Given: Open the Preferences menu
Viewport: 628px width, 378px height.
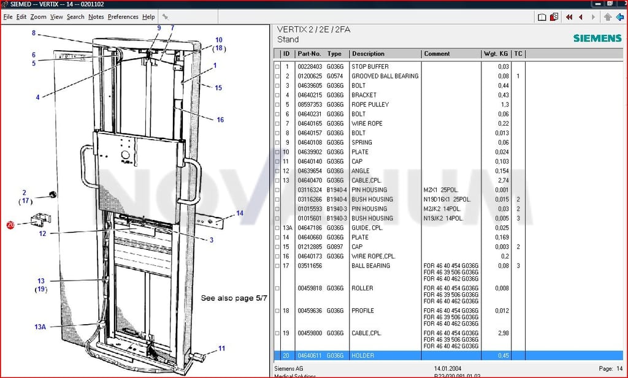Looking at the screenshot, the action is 123,17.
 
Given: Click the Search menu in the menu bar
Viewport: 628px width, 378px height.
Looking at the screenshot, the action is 75,17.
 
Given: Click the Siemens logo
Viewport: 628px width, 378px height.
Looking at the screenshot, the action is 597,38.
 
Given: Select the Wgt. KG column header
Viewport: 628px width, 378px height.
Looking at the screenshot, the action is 496,53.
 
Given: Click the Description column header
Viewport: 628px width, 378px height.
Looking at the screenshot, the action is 368,53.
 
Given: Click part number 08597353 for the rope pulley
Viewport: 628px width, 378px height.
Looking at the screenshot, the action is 310,104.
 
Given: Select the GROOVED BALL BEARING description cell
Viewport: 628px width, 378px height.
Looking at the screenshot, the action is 385,76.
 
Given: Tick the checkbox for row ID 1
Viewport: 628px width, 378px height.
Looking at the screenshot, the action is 277,66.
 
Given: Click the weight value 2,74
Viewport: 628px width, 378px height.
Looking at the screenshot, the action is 504,180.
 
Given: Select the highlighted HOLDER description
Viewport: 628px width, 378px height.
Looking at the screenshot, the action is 363,355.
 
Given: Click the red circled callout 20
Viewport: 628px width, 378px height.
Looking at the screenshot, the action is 10,225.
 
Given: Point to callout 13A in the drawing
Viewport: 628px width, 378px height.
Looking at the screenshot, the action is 40,327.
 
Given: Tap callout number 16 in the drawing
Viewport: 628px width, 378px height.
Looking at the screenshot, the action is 220,119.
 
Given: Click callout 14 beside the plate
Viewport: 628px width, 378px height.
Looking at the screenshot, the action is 240,213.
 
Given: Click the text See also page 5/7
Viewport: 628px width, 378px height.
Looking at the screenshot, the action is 234,298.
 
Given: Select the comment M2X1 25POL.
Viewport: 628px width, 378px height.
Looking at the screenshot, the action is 441,189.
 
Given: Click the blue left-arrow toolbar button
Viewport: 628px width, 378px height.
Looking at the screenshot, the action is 619,17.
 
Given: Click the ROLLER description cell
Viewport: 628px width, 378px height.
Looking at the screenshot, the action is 362,288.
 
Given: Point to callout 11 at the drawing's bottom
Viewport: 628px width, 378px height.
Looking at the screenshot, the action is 221,349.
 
